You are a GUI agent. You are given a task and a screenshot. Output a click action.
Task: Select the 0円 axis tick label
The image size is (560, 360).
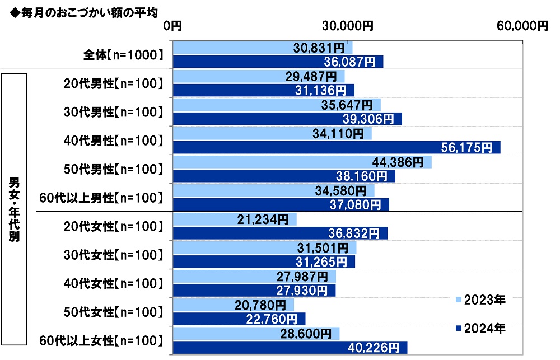point(173,26)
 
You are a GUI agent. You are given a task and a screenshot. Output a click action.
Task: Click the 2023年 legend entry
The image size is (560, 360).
point(481,300)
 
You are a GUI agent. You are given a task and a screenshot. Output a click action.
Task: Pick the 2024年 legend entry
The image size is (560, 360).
point(481,329)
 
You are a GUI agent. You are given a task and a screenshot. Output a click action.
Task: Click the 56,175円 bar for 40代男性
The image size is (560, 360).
point(337,147)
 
